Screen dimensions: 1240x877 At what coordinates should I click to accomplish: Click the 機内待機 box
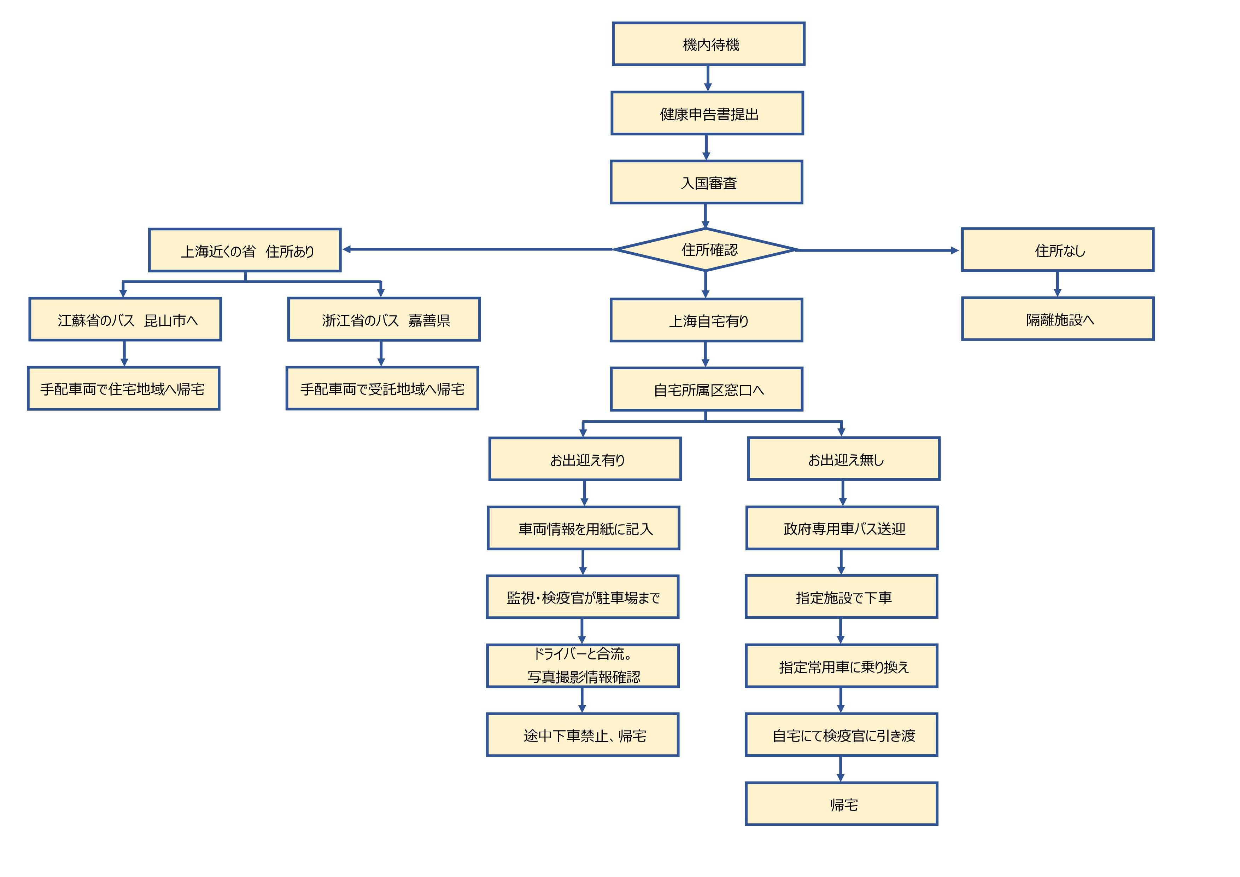point(709,44)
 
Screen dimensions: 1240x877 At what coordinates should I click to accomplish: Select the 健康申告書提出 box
point(708,113)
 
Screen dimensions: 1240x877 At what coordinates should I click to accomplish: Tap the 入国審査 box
point(706,182)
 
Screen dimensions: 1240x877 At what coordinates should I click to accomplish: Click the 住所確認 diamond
point(705,250)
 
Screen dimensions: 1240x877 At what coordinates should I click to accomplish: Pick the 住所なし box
point(1058,250)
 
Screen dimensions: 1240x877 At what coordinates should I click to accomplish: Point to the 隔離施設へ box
point(1058,319)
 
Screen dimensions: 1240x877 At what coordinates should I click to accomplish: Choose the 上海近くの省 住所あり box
point(245,250)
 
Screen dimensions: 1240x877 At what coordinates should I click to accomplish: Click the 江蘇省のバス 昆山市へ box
point(125,319)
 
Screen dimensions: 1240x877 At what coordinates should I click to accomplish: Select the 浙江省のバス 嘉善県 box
point(384,319)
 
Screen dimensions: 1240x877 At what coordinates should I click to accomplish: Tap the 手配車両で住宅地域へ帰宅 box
point(124,388)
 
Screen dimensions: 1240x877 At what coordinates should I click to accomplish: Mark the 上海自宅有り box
point(706,321)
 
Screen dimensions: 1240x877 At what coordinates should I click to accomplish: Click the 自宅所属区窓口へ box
point(706,390)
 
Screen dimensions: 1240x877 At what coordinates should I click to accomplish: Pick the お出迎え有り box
point(585,459)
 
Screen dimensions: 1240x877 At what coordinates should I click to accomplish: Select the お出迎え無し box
point(844,459)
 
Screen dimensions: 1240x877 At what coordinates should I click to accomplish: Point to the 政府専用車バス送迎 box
point(842,528)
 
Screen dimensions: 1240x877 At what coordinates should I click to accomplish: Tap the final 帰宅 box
point(841,804)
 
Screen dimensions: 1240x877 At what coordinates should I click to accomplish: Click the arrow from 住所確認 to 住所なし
point(878,250)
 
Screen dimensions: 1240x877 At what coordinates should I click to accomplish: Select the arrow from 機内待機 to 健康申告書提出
point(708,78)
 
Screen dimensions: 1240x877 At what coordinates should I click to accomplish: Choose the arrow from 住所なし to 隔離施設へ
point(1058,284)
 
